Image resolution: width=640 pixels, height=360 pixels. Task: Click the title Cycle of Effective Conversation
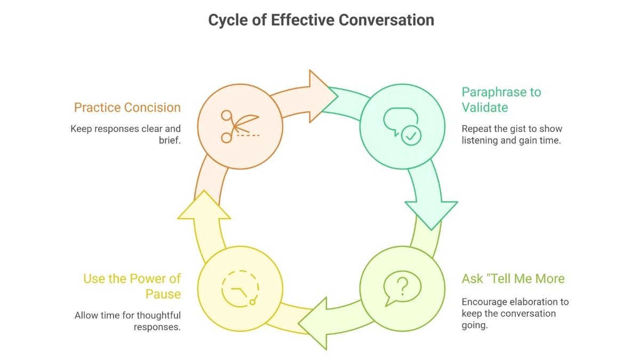point(321,20)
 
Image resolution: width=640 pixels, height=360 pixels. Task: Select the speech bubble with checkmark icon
point(402,126)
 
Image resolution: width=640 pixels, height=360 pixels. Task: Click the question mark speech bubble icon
point(402,289)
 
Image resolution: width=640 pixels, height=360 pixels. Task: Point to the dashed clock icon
point(239,289)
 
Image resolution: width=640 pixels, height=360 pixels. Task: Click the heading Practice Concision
point(127,108)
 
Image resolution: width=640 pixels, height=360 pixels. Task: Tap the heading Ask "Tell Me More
point(513,278)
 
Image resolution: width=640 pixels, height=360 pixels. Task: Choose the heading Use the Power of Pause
point(132,286)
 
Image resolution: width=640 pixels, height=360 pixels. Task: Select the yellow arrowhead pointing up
point(204,205)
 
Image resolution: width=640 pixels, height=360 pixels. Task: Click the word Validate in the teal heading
point(485,108)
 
